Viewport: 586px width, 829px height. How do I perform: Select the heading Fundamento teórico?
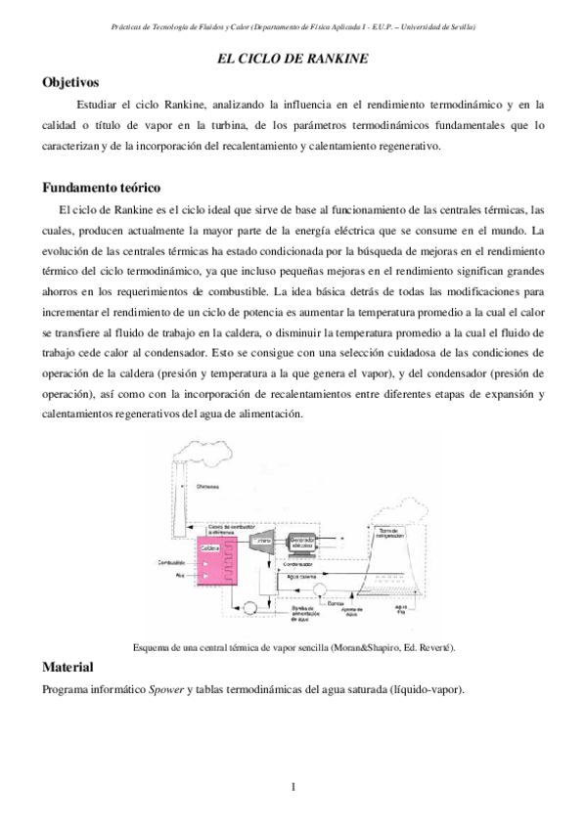click(x=102, y=187)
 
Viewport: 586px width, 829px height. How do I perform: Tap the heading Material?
click(x=68, y=667)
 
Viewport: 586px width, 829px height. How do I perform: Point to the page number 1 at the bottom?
click(x=293, y=786)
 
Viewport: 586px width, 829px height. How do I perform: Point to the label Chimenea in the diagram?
click(x=207, y=486)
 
